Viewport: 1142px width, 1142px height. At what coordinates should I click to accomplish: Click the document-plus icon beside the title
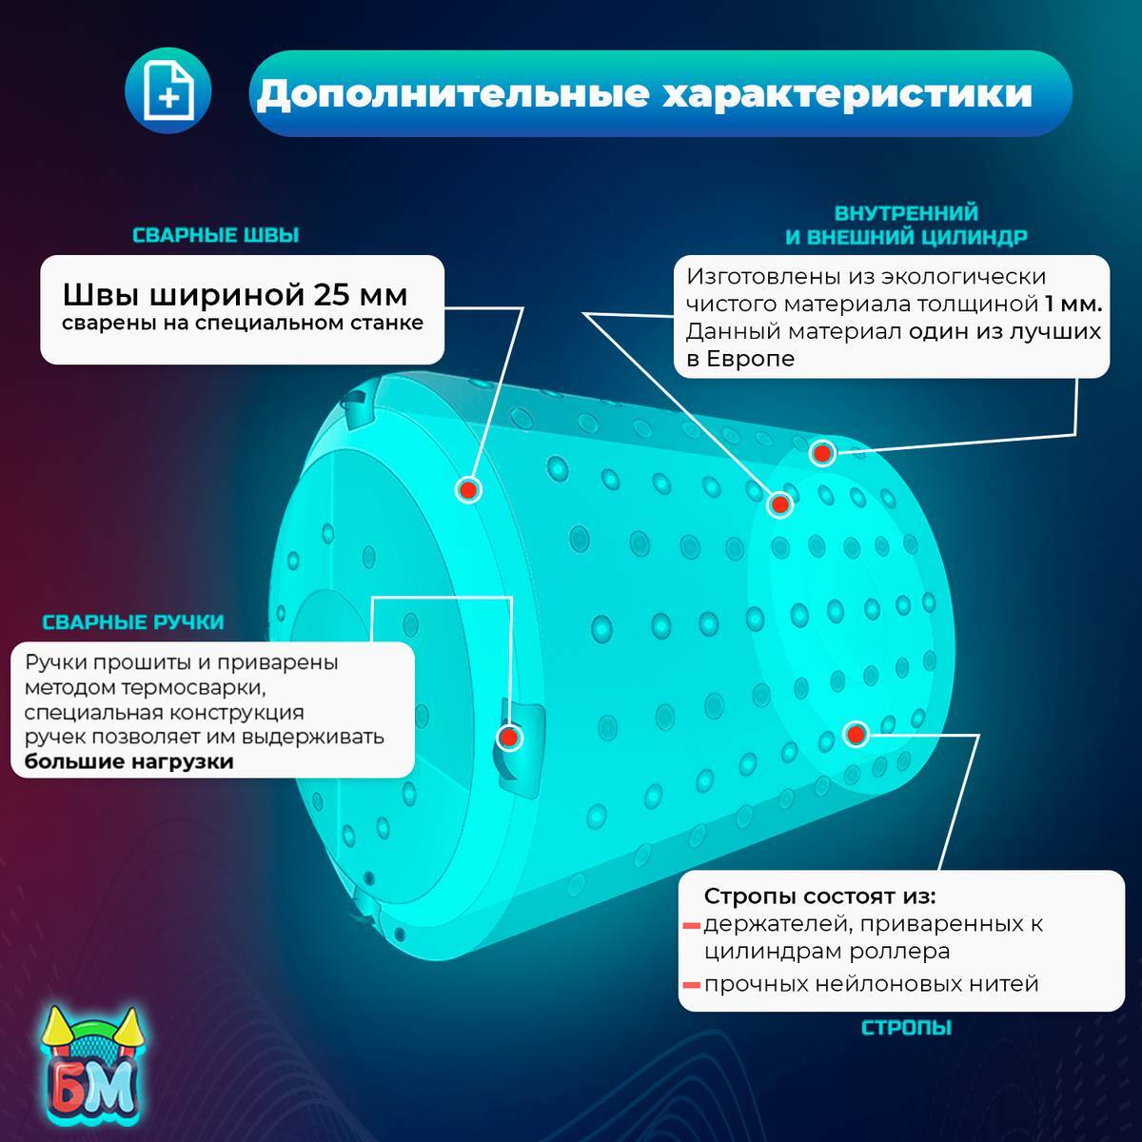[167, 92]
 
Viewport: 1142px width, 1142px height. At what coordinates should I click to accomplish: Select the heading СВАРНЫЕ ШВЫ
[215, 235]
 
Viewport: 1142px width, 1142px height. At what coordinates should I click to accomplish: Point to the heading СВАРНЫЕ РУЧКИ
[133, 622]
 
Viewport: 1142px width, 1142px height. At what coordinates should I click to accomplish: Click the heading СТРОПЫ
[906, 1028]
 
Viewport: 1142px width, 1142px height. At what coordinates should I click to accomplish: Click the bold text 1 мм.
[1073, 305]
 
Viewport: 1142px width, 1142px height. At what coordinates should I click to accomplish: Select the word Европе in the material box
[751, 359]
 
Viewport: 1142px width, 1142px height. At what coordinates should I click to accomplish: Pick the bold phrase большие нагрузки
[128, 761]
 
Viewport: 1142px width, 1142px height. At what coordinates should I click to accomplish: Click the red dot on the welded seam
[467, 489]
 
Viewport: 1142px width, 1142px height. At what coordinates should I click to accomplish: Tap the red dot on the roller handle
[509, 737]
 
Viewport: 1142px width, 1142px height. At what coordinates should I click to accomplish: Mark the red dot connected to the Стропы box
[856, 734]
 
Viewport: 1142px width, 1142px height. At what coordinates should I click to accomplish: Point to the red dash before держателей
[691, 924]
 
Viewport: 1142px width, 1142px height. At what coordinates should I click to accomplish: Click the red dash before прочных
[691, 985]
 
